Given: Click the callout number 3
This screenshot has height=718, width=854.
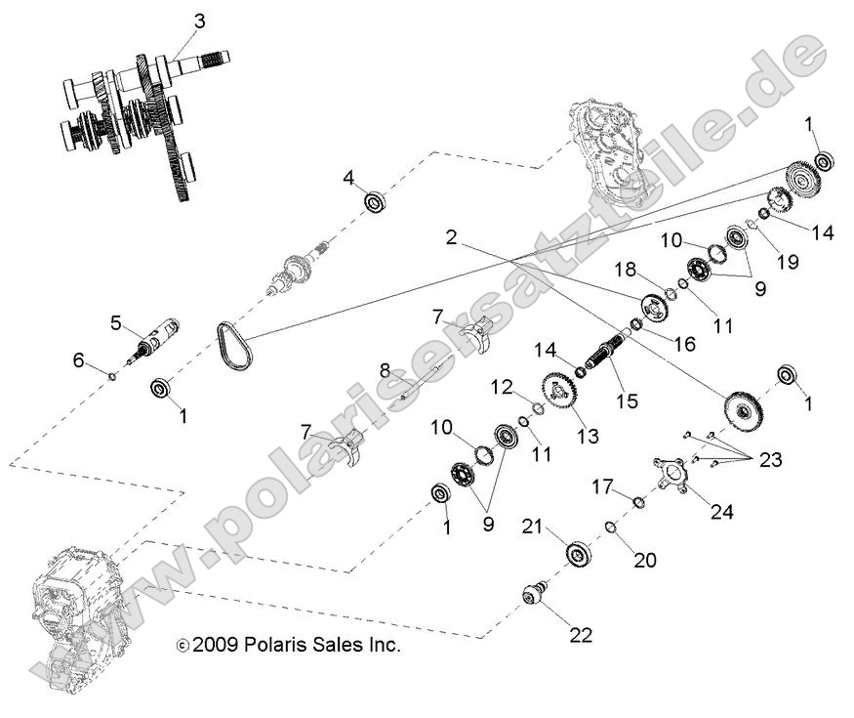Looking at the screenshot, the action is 199,21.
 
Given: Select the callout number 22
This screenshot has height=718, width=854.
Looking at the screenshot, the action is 581,634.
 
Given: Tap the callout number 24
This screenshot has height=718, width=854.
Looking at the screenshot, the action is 723,510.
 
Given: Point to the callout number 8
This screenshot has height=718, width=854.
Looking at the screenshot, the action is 385,370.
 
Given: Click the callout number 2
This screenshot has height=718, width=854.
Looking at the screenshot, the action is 452,237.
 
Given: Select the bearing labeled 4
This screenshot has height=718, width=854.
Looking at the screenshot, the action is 375,203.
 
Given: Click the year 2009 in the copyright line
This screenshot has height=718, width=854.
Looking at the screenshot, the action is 213,646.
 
